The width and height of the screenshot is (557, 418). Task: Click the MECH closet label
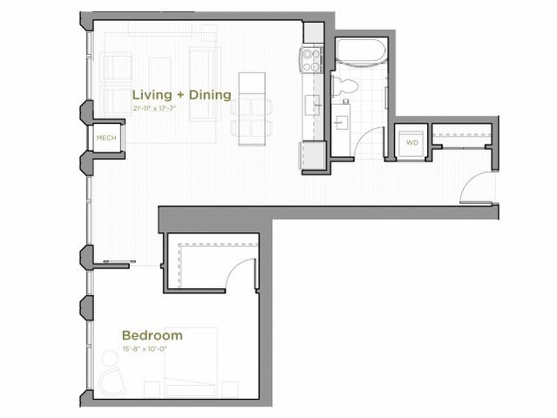point(106,137)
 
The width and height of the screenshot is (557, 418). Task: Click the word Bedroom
point(152,335)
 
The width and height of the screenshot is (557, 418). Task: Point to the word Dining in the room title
point(208,94)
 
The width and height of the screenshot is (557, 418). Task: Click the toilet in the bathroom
point(343,86)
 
